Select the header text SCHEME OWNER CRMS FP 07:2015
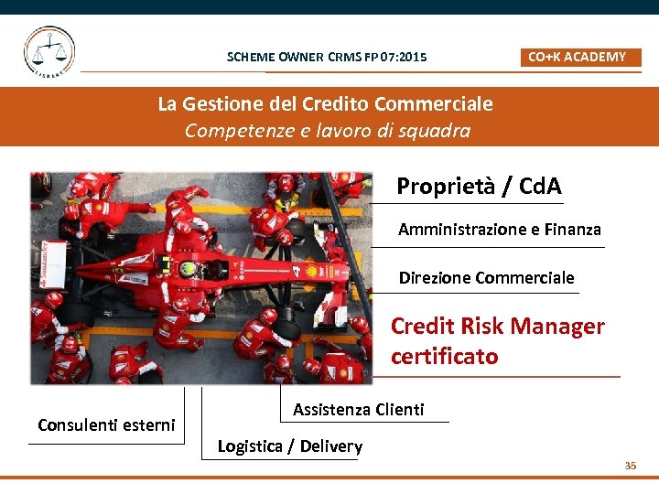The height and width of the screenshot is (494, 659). pos(327,58)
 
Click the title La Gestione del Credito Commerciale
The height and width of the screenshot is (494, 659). pos(325,103)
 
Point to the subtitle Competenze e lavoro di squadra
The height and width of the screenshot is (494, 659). pos(328,130)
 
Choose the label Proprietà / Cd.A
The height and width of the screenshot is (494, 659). pos(479,187)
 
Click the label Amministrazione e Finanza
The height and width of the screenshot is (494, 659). pos(500,230)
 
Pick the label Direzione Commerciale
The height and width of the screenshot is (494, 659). pos(486,277)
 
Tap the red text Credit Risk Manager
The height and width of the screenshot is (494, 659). pos(497,327)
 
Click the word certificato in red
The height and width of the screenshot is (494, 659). pos(445,356)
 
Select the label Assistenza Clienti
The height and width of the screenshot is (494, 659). pos(359,410)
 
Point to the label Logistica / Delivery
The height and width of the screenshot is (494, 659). pos(290,446)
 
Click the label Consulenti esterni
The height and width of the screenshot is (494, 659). pos(106,424)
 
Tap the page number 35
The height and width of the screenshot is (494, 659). pos(630,466)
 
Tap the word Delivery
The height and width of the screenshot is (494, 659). pos(329,446)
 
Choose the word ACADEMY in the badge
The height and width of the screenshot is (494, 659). pos(595,57)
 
